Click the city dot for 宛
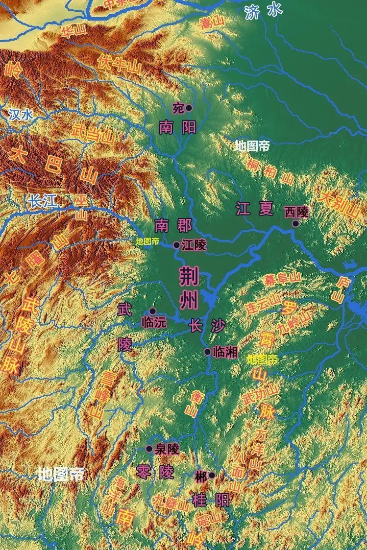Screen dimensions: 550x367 pyautogui.click(x=189, y=108)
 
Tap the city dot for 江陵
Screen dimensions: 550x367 pyautogui.click(x=176, y=245)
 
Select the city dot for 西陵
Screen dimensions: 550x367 pyautogui.click(x=295, y=223)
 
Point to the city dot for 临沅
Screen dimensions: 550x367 pyautogui.click(x=152, y=311)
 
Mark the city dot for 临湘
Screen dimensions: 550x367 pyautogui.click(x=208, y=352)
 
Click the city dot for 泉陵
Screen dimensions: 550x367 pyautogui.click(x=149, y=449)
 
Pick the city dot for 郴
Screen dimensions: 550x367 pyautogui.click(x=212, y=475)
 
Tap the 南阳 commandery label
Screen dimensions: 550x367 pyautogui.click(x=177, y=128)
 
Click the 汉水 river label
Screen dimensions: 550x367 pyautogui.click(x=21, y=115)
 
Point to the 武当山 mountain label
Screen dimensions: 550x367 pyautogui.click(x=93, y=133)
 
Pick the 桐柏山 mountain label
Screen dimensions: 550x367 pyautogui.click(x=270, y=171)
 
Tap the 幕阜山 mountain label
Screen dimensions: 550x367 pyautogui.click(x=283, y=280)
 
